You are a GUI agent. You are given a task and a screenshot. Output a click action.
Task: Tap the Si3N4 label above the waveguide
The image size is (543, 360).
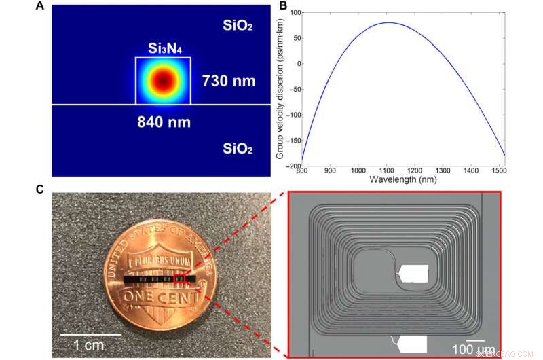[164, 48]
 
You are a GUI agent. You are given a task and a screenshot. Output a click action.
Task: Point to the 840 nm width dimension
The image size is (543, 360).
[164, 122]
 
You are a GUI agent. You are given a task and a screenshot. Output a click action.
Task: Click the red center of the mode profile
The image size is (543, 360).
[163, 81]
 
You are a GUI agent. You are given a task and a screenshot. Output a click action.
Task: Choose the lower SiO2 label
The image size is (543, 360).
[240, 147]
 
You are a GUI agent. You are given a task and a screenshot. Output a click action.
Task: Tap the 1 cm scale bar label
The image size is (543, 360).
[89, 345]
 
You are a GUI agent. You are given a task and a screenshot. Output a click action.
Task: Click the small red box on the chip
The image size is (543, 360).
[179, 279]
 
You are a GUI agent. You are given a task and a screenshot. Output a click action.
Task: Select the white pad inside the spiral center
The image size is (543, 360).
[413, 273]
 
